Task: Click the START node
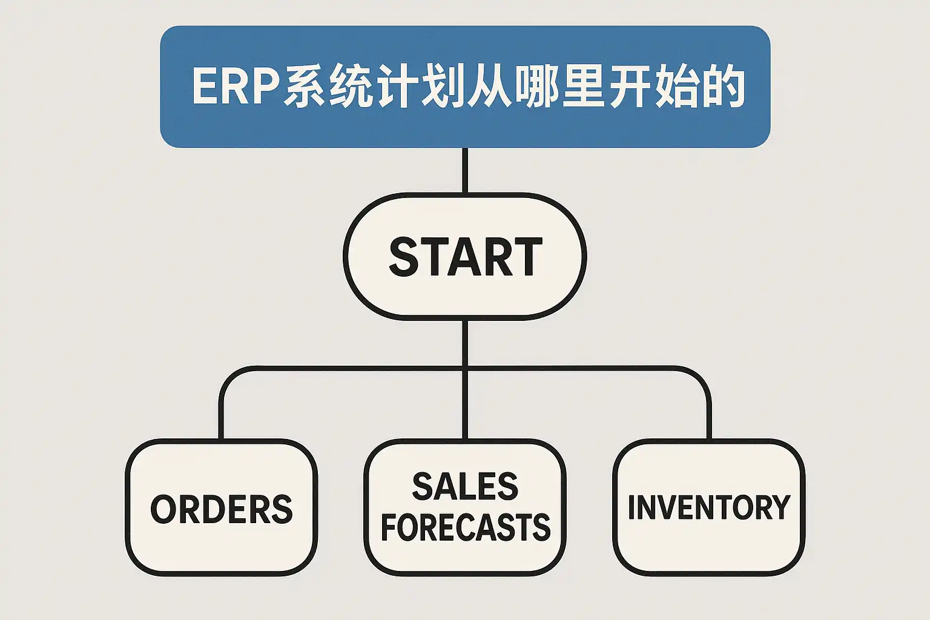(x=464, y=256)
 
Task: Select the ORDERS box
(x=222, y=507)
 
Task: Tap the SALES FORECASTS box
(x=465, y=507)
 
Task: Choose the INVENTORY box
(x=708, y=507)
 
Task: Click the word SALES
(x=465, y=487)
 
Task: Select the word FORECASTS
(x=465, y=527)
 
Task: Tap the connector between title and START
(x=465, y=170)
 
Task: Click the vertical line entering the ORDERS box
(x=222, y=418)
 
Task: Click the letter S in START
(x=404, y=257)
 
